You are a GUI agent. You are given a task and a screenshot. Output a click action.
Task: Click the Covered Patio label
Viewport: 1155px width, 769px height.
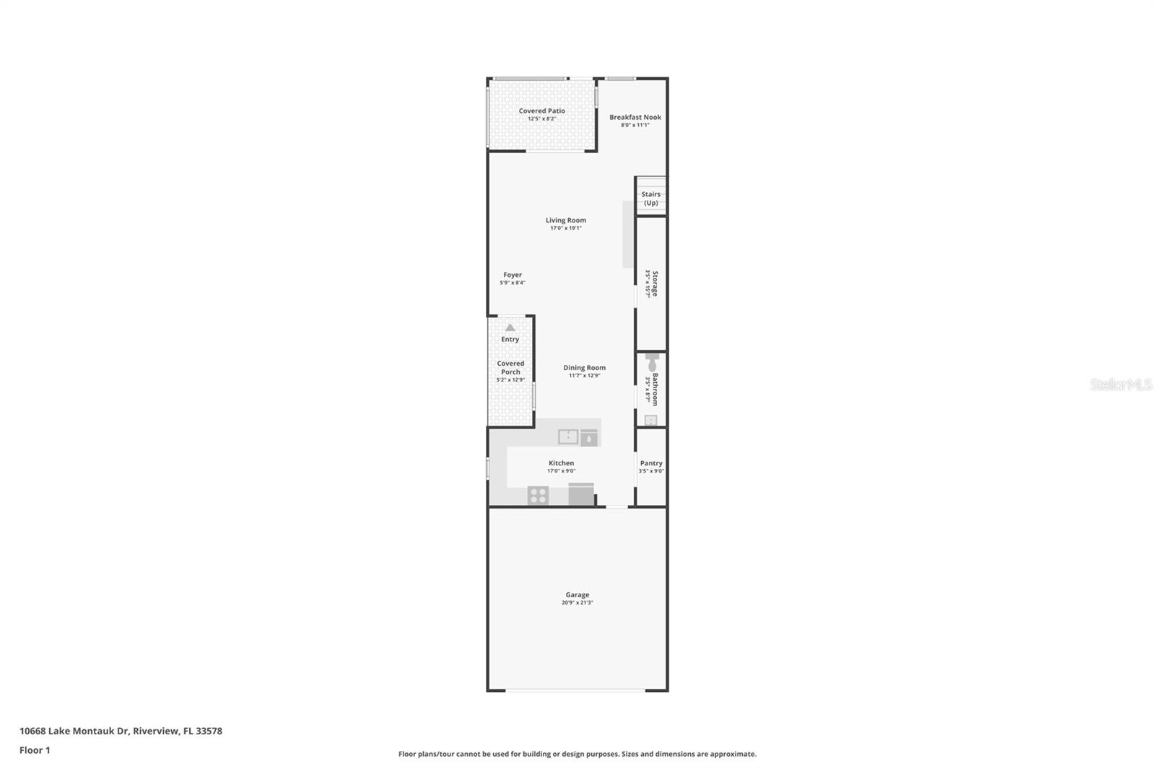click(541, 111)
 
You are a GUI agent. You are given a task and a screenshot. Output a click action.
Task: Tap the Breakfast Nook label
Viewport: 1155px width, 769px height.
click(635, 117)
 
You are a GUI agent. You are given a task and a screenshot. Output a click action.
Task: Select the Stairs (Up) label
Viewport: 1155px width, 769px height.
click(650, 198)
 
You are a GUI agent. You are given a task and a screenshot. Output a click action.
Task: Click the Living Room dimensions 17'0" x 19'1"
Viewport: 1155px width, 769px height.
click(565, 229)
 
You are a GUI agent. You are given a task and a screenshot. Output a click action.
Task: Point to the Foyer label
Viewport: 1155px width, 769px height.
click(512, 275)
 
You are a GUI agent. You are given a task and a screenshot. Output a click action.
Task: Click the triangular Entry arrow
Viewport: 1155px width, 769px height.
click(510, 328)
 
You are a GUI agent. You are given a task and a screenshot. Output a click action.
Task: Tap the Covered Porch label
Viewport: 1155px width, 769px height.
click(510, 368)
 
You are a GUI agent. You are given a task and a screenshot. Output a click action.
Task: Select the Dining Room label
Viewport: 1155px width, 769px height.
click(584, 367)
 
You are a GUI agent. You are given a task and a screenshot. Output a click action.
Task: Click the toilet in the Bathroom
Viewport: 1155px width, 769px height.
click(653, 361)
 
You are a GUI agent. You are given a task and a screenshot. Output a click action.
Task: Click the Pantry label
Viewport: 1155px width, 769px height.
click(650, 463)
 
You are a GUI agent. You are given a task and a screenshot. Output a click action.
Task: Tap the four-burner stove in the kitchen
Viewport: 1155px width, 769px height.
click(538, 496)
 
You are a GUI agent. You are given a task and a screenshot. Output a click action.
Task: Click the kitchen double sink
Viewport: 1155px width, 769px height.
click(568, 436)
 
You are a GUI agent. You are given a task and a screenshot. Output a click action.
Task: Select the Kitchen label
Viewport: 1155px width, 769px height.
click(561, 463)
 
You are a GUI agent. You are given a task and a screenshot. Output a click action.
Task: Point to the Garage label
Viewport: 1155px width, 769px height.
click(577, 595)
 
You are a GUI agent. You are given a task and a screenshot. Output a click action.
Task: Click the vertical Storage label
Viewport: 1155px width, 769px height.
click(655, 284)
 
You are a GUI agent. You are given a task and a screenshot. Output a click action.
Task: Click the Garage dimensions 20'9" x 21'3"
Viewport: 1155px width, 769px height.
click(577, 603)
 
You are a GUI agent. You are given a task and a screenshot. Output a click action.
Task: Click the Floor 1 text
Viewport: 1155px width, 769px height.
click(35, 750)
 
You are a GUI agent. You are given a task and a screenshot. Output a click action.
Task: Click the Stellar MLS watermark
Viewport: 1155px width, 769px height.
click(1120, 384)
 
